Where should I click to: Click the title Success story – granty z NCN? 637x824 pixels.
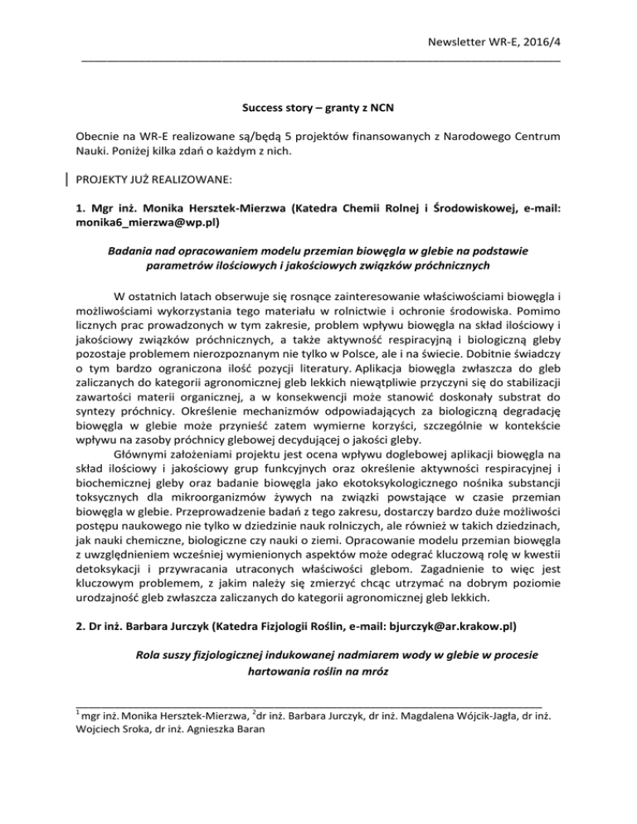318,108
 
